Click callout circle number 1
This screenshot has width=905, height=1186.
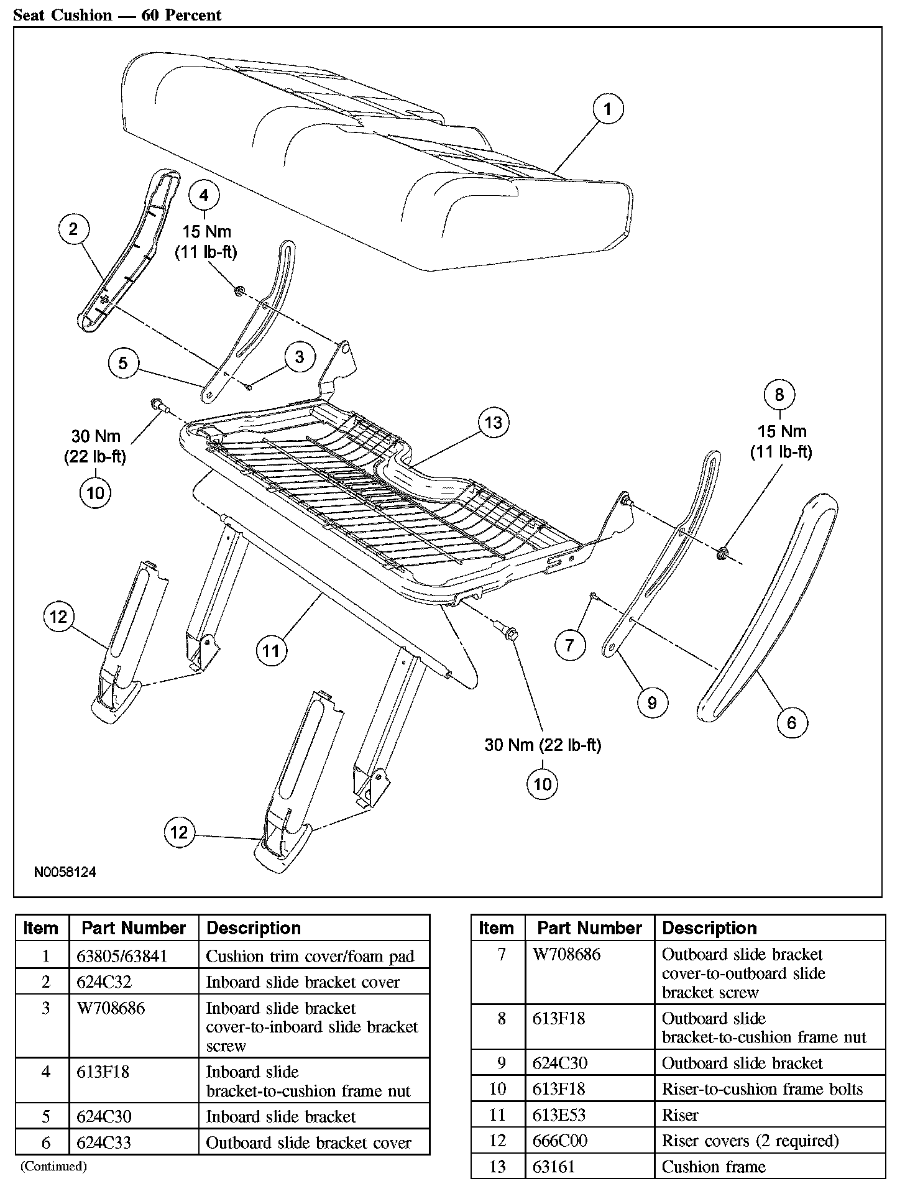(607, 109)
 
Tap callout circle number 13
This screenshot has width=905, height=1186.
(493, 423)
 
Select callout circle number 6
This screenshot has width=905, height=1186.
(791, 722)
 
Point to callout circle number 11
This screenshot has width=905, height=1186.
(271, 651)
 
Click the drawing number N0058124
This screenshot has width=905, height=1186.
(65, 872)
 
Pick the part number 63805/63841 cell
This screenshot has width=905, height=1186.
(122, 956)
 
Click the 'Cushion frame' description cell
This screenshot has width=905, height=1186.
(714, 1167)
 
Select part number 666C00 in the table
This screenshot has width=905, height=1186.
(560, 1141)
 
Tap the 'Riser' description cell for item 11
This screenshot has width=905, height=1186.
(680, 1115)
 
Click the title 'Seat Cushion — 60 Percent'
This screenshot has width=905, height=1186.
(117, 15)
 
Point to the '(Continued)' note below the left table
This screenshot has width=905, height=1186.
(53, 1166)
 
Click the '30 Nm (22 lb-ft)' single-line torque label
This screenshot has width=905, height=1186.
(543, 745)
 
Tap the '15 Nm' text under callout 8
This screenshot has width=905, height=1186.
(781, 431)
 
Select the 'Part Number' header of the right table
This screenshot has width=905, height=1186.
(589, 929)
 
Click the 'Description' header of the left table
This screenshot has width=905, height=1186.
(254, 929)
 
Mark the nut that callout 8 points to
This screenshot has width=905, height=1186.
(722, 552)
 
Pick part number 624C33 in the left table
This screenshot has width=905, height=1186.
(104, 1142)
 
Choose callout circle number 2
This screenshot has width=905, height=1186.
(73, 229)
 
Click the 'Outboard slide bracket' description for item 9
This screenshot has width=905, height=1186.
(742, 1064)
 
